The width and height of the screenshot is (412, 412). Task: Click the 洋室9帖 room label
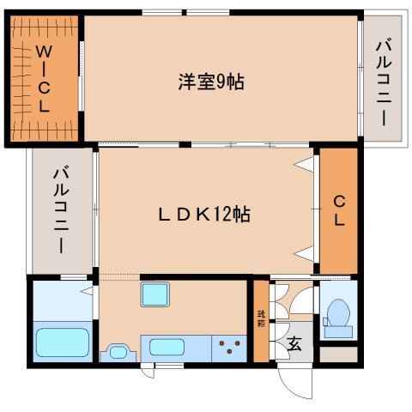point(210,82)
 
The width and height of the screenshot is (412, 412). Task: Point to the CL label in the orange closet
point(339,211)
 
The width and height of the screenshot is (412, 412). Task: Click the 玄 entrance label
point(294,344)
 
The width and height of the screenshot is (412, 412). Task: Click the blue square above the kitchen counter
point(156,297)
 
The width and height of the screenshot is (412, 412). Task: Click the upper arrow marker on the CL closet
point(303,163)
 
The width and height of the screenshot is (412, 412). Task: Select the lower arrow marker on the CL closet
point(303,252)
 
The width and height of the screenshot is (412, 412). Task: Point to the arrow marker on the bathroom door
point(87,293)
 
